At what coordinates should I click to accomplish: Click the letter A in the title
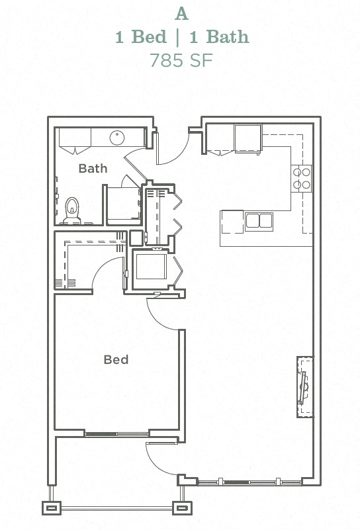tap(180, 13)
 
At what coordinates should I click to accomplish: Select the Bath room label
tap(93, 168)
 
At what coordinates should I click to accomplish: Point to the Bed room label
tap(116, 360)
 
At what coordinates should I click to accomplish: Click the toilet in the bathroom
tap(72, 209)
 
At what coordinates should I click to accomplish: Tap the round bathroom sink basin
tap(117, 138)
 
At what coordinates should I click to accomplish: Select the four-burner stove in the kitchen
tap(302, 177)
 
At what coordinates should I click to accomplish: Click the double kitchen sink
tap(259, 220)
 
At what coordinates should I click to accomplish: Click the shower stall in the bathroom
tap(122, 204)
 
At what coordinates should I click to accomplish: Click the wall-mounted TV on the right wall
tap(304, 387)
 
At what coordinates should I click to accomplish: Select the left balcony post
tap(52, 508)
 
